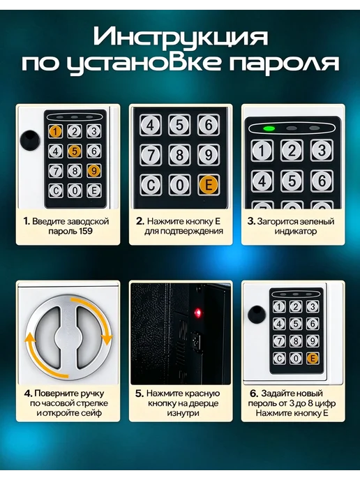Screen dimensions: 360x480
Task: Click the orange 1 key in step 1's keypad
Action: (55, 131)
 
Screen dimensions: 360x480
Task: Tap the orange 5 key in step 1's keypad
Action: (75, 151)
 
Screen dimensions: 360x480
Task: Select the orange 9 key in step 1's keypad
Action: (93, 170)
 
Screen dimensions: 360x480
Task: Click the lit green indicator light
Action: (269, 128)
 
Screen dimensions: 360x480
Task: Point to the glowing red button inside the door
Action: (197, 313)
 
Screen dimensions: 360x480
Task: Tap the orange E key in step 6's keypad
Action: (313, 358)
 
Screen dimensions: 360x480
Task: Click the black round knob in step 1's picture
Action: (30, 140)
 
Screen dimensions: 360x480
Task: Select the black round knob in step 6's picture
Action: (257, 315)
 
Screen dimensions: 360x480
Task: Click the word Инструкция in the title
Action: (180, 37)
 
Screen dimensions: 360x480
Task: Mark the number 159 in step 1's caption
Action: (85, 231)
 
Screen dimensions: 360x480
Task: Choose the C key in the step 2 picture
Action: (151, 185)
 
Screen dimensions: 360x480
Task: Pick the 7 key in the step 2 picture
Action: (151, 155)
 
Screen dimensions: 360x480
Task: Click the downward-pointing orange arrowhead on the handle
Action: (107, 339)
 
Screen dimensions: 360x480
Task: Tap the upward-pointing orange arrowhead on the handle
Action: (30, 338)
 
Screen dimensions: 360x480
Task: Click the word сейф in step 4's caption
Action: (91, 413)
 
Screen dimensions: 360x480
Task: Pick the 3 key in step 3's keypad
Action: (322, 151)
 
